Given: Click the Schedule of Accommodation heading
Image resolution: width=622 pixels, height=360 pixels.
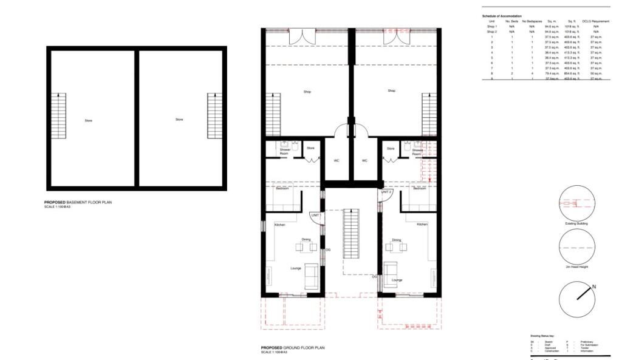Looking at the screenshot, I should point(501,15).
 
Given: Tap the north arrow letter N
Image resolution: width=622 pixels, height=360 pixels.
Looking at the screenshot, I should point(594,287).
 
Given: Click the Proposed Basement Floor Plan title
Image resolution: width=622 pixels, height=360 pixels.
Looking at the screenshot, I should point(78,202).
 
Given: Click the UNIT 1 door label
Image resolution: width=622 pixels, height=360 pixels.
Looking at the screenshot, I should point(315,216).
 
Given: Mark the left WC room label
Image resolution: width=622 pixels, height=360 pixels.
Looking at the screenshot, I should point(337,161).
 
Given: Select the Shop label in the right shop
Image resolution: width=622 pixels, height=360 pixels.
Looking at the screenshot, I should point(391,91).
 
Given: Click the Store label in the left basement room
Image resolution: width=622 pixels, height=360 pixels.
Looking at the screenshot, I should point(89,121).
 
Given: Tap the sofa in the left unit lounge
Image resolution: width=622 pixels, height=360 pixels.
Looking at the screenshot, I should point(311,276).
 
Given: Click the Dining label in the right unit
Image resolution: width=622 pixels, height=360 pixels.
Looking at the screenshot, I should point(396,240).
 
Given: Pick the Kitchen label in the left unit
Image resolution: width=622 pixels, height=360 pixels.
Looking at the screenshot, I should point(279,225).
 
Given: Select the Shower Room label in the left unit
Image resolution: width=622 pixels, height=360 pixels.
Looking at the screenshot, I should point(284,152).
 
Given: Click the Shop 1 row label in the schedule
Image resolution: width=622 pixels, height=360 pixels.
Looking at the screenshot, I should point(491,27).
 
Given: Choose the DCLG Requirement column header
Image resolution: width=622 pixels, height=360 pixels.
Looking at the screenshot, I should point(595,21).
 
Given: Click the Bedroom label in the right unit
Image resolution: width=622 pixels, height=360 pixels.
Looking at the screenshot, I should point(419,189).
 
